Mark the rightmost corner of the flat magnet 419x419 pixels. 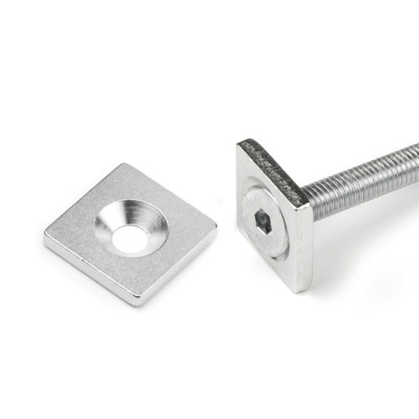pos(215,227)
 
